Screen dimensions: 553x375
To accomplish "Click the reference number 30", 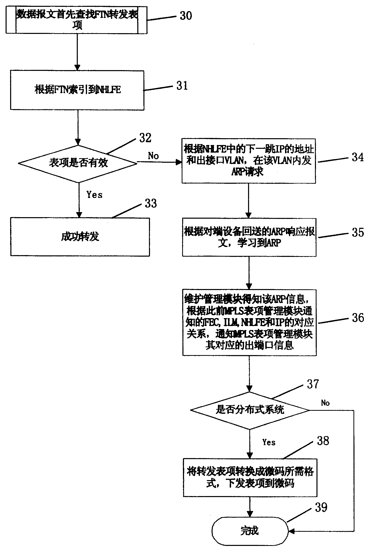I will pyautogui.click(x=186, y=16).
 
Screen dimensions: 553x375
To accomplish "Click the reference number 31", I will pyautogui.click(x=182, y=86).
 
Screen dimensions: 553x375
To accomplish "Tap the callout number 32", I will pyautogui.click(x=145, y=138).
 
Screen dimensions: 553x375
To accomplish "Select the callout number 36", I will pyautogui.click(x=358, y=317).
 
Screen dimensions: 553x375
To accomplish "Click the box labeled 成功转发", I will pyautogui.click(x=80, y=237).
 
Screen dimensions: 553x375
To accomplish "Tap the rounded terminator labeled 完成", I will pyautogui.click(x=250, y=531).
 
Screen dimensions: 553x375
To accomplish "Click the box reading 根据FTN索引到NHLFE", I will pyautogui.click(x=77, y=90).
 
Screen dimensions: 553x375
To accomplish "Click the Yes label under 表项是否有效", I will pyautogui.click(x=95, y=195).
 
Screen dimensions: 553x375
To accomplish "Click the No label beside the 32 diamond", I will pyautogui.click(x=153, y=156).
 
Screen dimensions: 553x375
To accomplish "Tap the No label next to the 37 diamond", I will pyautogui.click(x=325, y=403).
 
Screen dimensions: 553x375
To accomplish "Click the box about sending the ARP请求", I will pyautogui.click(x=249, y=161).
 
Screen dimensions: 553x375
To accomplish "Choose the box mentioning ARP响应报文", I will pyautogui.click(x=249, y=237).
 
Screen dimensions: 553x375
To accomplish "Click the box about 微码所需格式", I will pyautogui.click(x=250, y=477).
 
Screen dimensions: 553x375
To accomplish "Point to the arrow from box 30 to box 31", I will pyautogui.click(x=78, y=52).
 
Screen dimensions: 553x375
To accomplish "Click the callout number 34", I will pyautogui.click(x=358, y=157).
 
